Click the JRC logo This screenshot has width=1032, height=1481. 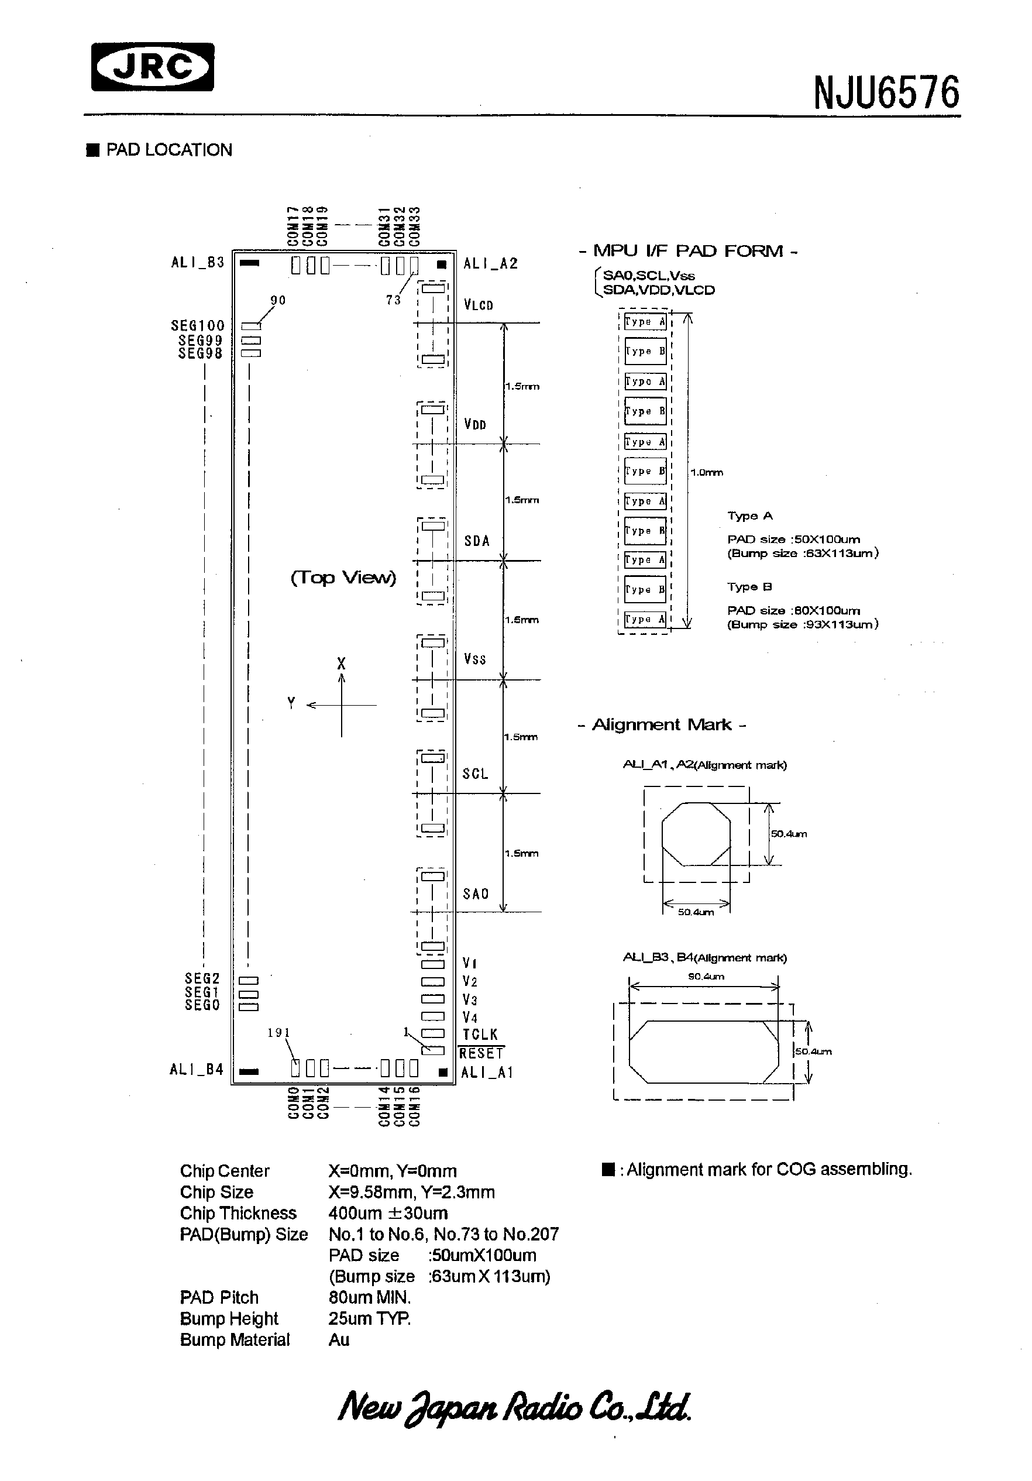(x=152, y=67)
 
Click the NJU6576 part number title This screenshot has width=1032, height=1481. (x=886, y=93)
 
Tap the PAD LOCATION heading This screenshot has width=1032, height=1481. (x=168, y=150)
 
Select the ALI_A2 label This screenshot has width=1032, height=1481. (x=490, y=263)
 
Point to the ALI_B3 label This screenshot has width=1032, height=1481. (x=197, y=263)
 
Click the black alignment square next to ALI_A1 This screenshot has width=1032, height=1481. (x=442, y=1073)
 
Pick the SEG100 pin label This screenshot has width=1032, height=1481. (x=197, y=326)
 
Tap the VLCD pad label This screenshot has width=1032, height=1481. (x=478, y=305)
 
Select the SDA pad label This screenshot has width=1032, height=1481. (x=477, y=541)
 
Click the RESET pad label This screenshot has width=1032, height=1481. (x=481, y=1053)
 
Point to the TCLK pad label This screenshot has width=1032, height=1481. (x=480, y=1035)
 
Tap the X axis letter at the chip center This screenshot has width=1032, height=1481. (x=341, y=663)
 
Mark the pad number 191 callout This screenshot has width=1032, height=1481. (x=278, y=1033)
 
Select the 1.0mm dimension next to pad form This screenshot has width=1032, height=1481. (x=706, y=472)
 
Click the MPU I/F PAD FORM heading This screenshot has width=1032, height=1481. (x=688, y=251)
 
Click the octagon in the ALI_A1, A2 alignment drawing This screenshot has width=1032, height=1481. (x=696, y=834)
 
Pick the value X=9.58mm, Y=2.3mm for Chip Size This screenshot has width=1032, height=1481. (x=411, y=1192)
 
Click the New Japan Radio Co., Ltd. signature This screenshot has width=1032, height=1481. (x=514, y=1407)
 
